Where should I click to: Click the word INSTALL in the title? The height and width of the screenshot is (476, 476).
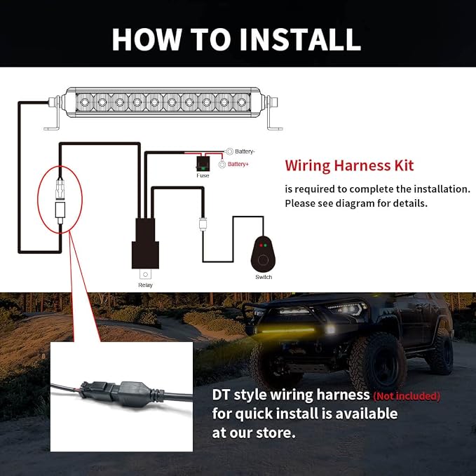pos(300,39)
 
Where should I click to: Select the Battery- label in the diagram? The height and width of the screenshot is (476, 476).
pos(245,151)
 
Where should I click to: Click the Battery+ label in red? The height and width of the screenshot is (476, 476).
pos(238,164)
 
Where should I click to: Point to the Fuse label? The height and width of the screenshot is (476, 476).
pos(203,176)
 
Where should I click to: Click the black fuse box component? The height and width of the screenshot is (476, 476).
pos(203,164)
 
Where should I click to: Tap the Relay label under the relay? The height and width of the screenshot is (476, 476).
pos(145,285)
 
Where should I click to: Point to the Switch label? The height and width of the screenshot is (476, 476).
pos(264,277)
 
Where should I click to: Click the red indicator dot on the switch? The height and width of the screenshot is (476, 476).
pos(261,245)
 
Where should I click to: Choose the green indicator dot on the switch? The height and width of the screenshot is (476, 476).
pos(265,245)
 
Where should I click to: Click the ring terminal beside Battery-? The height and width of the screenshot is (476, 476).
pos(229,151)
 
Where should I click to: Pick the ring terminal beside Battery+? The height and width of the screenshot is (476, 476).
pos(222,165)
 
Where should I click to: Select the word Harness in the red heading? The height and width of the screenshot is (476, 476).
pos(362,165)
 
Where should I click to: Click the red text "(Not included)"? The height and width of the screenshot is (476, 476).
pos(407,396)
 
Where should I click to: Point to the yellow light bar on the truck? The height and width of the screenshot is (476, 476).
pos(287,330)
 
